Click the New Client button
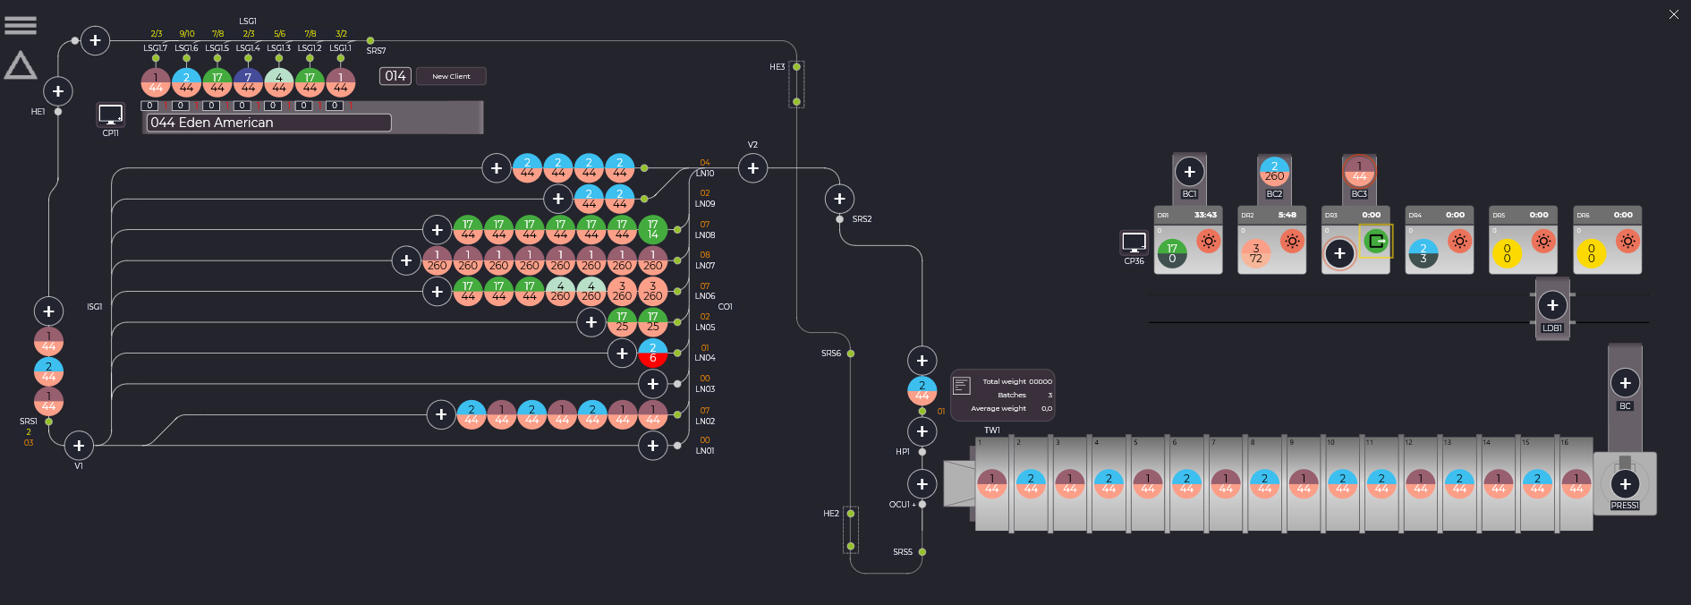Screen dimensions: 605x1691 (451, 76)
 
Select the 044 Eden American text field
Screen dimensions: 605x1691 (268, 123)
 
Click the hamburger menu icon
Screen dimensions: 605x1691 (21, 25)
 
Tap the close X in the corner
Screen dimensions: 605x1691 (1674, 14)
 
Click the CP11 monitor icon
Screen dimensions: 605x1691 (110, 115)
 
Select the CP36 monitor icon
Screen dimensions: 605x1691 (1134, 243)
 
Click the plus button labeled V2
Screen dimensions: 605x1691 (752, 168)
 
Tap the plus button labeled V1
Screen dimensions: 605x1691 (79, 446)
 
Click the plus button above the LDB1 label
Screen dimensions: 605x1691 (1552, 305)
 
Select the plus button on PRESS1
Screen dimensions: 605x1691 (1625, 484)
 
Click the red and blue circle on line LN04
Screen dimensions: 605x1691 (653, 353)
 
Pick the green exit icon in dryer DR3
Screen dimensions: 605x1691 (1376, 241)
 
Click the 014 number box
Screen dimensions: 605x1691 (395, 76)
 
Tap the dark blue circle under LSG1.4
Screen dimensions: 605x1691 (248, 82)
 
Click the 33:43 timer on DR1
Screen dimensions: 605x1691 (1205, 215)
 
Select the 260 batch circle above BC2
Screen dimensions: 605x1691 (1274, 171)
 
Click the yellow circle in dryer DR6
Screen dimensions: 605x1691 (1591, 253)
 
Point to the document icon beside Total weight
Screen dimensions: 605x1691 (962, 386)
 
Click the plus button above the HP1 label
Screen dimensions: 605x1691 (922, 431)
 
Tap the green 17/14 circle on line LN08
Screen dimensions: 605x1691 (653, 229)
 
